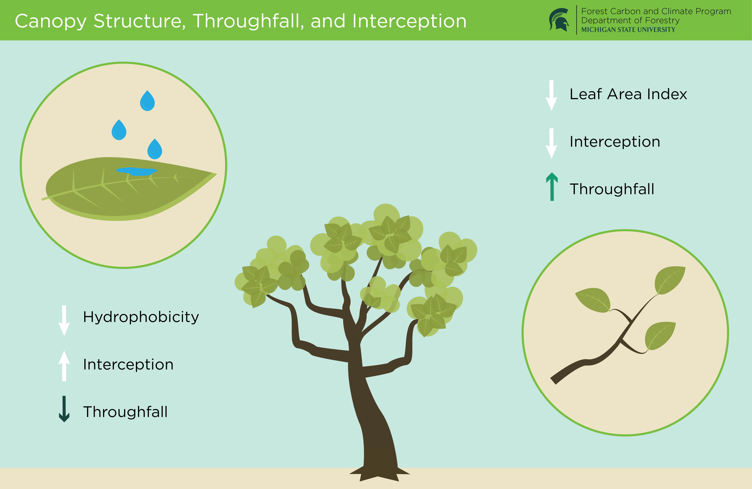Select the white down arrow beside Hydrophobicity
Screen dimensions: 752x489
pos(64,320)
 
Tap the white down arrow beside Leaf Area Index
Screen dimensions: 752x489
pos(551,95)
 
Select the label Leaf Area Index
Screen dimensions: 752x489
pos(628,94)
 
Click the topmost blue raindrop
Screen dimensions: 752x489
pos(147,101)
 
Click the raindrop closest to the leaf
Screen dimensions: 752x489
pos(155,149)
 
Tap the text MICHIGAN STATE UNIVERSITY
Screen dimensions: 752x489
pos(628,30)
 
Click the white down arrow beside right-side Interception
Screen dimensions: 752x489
pos(551,143)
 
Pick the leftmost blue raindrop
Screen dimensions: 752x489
pos(119,130)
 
